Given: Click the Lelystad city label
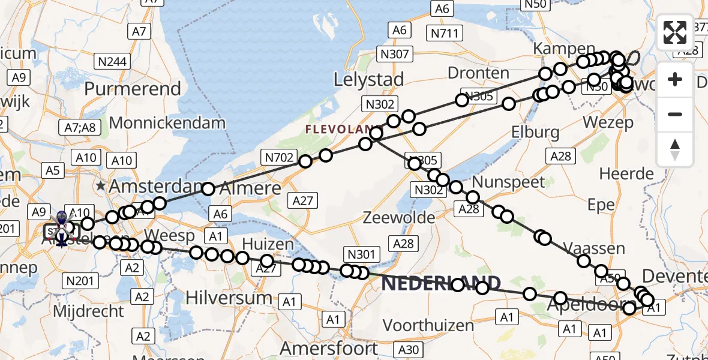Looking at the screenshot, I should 368,79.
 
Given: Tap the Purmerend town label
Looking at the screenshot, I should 133,89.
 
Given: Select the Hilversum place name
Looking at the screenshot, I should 229,298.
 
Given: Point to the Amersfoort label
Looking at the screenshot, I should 329,349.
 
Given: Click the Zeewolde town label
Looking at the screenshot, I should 398,217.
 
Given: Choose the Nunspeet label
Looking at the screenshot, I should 509,182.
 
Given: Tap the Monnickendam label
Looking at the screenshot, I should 167,123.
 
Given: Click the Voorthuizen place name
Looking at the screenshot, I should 428,325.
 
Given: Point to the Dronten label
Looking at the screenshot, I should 478,73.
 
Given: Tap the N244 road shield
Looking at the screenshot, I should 112,61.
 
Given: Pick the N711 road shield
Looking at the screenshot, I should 445,34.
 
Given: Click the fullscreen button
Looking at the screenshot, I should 675,32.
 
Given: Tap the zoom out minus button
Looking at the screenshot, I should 675,115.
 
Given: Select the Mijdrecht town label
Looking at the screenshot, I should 88,311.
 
